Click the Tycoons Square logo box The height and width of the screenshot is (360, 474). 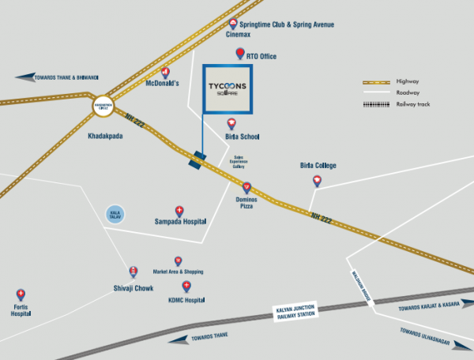point(228,88)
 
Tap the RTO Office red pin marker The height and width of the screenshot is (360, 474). point(241,54)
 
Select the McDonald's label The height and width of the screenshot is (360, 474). point(164,83)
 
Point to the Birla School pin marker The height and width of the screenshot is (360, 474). point(231,124)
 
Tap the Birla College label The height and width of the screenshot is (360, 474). point(318,165)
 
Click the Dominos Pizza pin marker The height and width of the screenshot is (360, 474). point(247,187)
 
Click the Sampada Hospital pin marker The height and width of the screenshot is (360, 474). point(179,211)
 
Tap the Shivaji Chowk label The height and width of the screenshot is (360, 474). point(133,287)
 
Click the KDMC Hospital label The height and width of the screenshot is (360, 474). point(186,301)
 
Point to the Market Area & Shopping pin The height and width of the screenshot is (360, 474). point(179,261)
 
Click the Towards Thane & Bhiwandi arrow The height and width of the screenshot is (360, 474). point(27,77)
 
